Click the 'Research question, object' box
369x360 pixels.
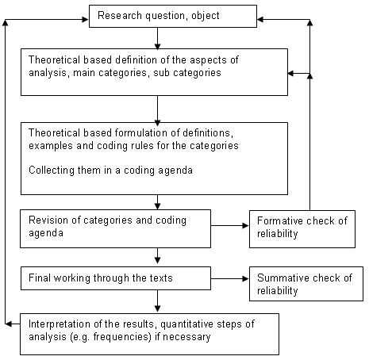173,16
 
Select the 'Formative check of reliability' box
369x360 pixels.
302,229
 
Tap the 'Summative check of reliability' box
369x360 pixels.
306,284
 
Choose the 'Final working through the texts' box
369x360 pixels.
116,278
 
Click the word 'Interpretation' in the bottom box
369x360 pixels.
56,324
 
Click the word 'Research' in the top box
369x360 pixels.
120,15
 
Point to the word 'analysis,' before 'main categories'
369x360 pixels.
48,73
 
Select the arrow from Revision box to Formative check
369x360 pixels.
230,226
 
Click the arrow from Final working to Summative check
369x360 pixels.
230,278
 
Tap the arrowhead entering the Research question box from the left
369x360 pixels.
86,19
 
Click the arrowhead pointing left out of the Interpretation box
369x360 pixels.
9,324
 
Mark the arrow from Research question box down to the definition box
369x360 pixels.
158,38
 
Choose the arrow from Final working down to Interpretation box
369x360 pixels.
158,301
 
